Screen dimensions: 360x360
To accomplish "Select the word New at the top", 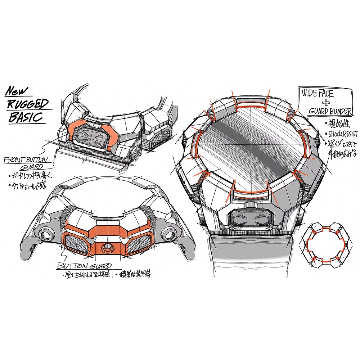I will (x=20, y=91).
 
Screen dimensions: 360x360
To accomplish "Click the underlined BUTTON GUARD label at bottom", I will (x=84, y=266).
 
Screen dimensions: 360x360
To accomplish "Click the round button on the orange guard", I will (x=107, y=247).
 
